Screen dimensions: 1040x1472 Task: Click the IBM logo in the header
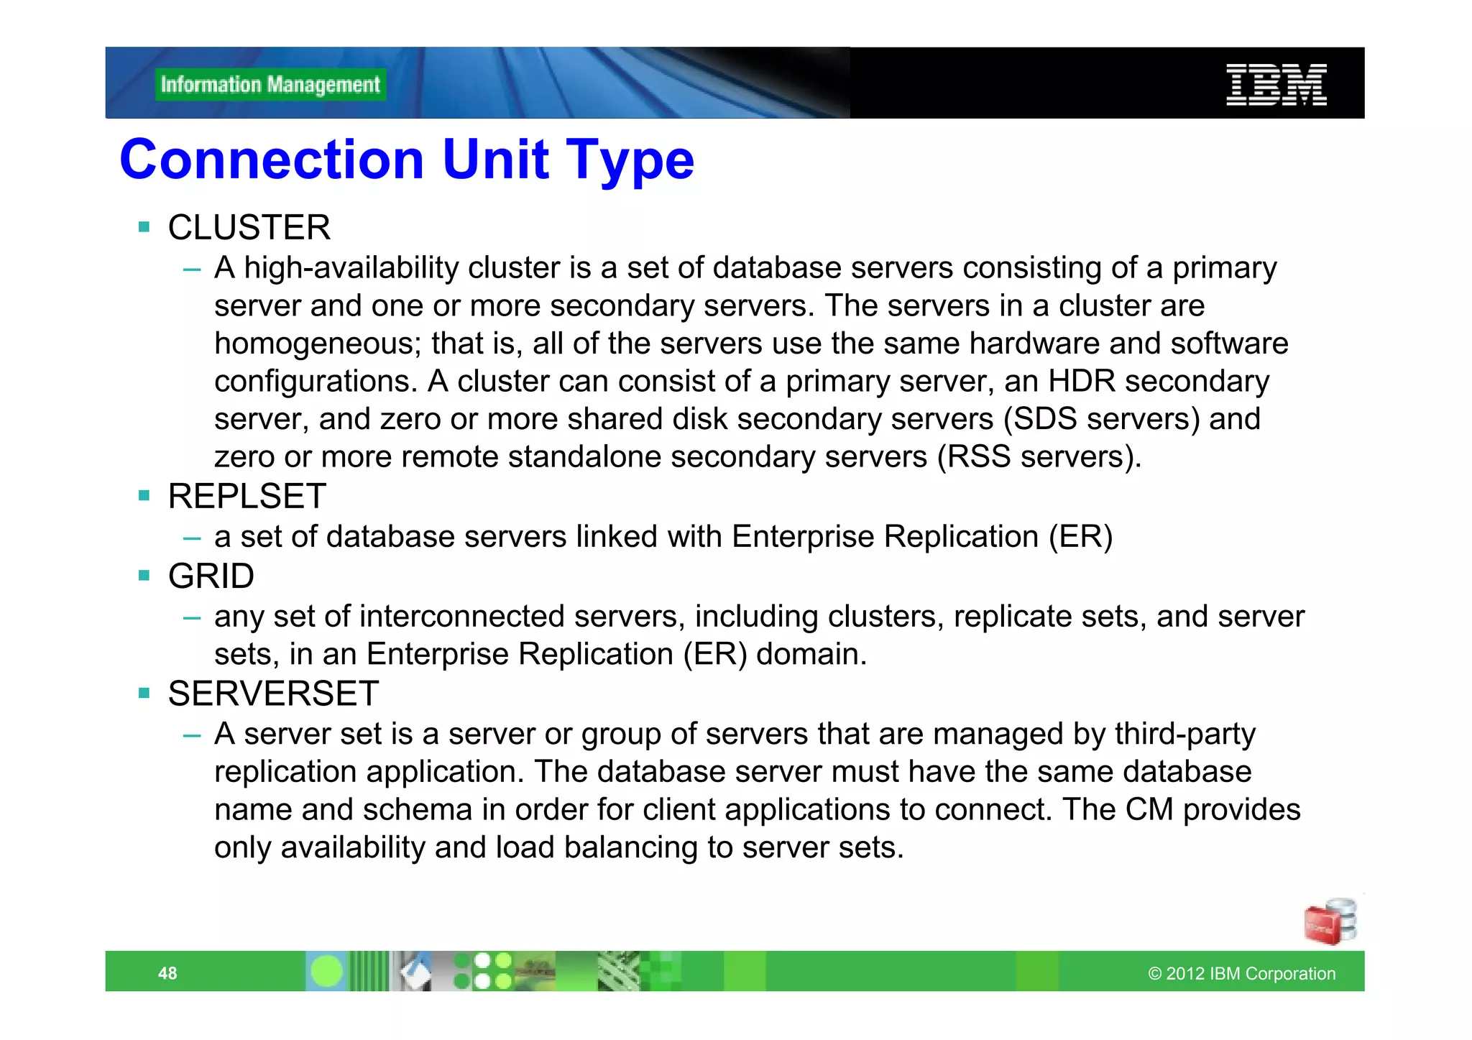[x=1276, y=85]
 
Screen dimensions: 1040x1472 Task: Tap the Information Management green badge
[x=270, y=85]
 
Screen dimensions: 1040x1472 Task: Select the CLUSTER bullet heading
[x=249, y=228]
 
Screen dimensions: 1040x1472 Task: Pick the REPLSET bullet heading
[x=247, y=497]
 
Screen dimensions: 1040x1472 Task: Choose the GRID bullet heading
[x=211, y=576]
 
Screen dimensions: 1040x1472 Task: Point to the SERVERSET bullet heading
[x=273, y=694]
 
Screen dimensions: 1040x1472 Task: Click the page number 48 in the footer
[x=167, y=973]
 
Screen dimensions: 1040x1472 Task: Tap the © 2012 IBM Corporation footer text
[x=1241, y=973]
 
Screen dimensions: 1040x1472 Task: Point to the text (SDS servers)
[x=1102, y=419]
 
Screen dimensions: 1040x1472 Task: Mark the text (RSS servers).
[x=1039, y=457]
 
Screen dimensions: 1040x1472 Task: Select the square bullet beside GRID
[x=144, y=576]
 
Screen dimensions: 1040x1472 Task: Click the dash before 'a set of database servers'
[x=191, y=538]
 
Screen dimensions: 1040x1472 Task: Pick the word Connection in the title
[x=272, y=160]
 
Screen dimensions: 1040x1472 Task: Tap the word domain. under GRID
[x=811, y=655]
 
